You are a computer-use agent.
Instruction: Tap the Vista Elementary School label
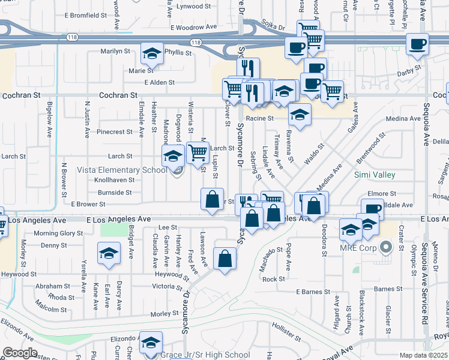122,170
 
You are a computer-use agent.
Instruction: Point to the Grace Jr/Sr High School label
205,355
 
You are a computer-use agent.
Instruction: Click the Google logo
20,353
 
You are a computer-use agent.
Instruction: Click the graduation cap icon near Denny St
109,254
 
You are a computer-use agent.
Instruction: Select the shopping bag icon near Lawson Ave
224,259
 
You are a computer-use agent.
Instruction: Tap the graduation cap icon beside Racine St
300,113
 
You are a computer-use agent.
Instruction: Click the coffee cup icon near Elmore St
372,209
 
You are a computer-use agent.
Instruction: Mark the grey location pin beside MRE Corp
386,246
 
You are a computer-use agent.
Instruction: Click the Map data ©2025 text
422,355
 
